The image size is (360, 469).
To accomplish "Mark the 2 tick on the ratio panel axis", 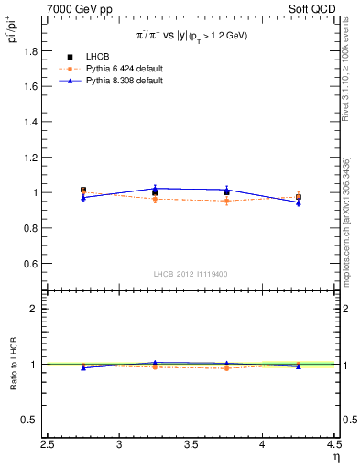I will (38, 309).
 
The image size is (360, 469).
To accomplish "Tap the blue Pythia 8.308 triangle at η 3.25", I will (155, 189).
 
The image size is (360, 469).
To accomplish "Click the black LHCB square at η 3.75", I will (226, 192).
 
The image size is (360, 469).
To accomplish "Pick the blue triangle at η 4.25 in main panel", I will (299, 202).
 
